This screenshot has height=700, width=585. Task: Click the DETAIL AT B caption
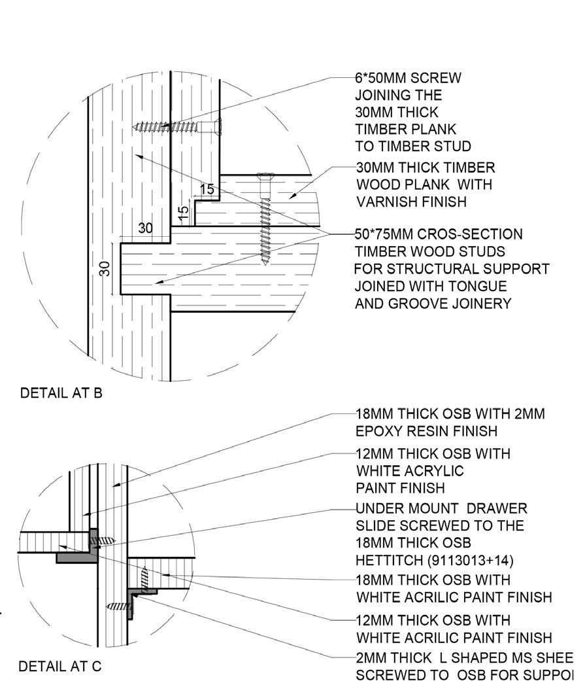61,393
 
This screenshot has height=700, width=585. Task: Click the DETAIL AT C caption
60,667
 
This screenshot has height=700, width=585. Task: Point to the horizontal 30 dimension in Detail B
146,228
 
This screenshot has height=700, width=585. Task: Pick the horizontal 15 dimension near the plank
207,189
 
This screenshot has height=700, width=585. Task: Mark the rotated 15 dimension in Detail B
184,213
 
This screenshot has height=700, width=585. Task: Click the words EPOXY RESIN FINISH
426,431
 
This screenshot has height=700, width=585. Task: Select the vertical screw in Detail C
145,577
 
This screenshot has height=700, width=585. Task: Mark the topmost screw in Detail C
105,541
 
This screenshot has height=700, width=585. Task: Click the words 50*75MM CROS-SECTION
439,234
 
